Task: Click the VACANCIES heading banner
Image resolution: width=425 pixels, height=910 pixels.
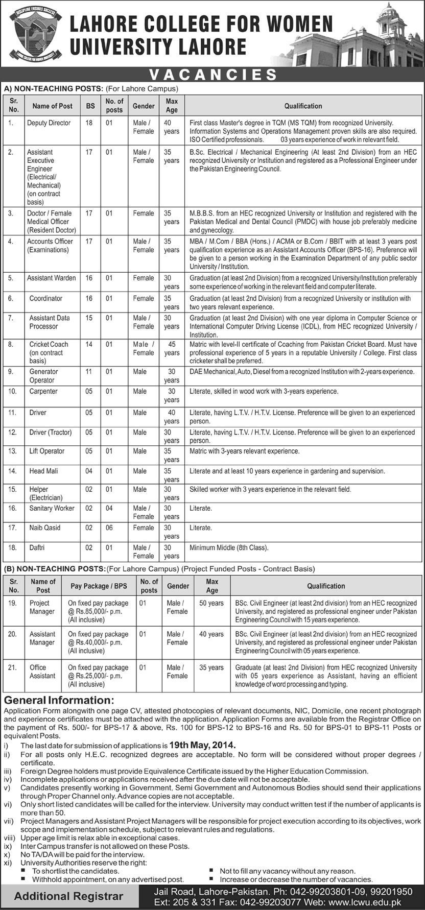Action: point(213,75)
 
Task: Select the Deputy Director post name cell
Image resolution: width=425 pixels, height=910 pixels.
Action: point(49,123)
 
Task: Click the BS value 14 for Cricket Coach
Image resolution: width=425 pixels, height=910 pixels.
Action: point(89,345)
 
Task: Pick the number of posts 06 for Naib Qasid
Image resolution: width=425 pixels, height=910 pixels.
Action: point(109,528)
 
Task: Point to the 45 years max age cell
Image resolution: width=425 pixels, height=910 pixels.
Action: point(172,348)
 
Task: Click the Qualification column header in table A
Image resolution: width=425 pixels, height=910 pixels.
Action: point(303,106)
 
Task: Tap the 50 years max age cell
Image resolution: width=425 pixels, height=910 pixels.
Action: point(211,603)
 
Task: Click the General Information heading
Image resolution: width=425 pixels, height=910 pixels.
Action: point(59,700)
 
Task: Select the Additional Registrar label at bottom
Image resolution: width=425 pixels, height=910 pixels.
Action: point(68,896)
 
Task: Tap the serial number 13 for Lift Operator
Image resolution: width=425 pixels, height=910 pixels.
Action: point(13,451)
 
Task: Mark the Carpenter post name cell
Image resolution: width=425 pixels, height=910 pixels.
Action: point(43,392)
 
